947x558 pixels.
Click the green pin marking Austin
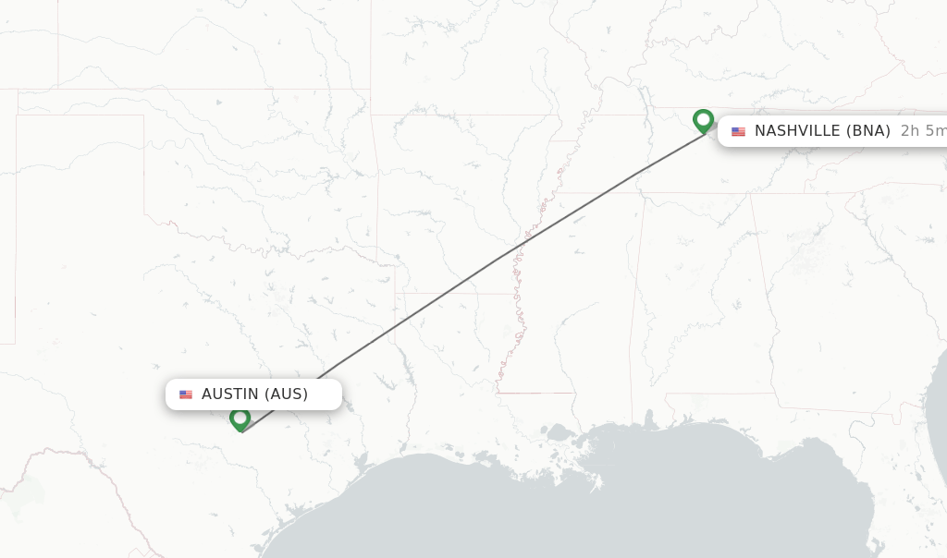tap(240, 419)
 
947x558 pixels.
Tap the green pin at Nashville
tap(703, 120)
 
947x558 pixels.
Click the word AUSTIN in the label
tap(230, 394)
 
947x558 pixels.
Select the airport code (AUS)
tap(286, 394)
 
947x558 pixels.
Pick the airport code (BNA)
tap(868, 131)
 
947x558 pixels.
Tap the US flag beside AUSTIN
tap(186, 394)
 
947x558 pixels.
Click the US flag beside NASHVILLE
tap(738, 131)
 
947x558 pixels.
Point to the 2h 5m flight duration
tap(923, 131)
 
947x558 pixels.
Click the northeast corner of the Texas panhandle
tap(143, 115)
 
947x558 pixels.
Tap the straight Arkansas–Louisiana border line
tap(444, 294)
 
